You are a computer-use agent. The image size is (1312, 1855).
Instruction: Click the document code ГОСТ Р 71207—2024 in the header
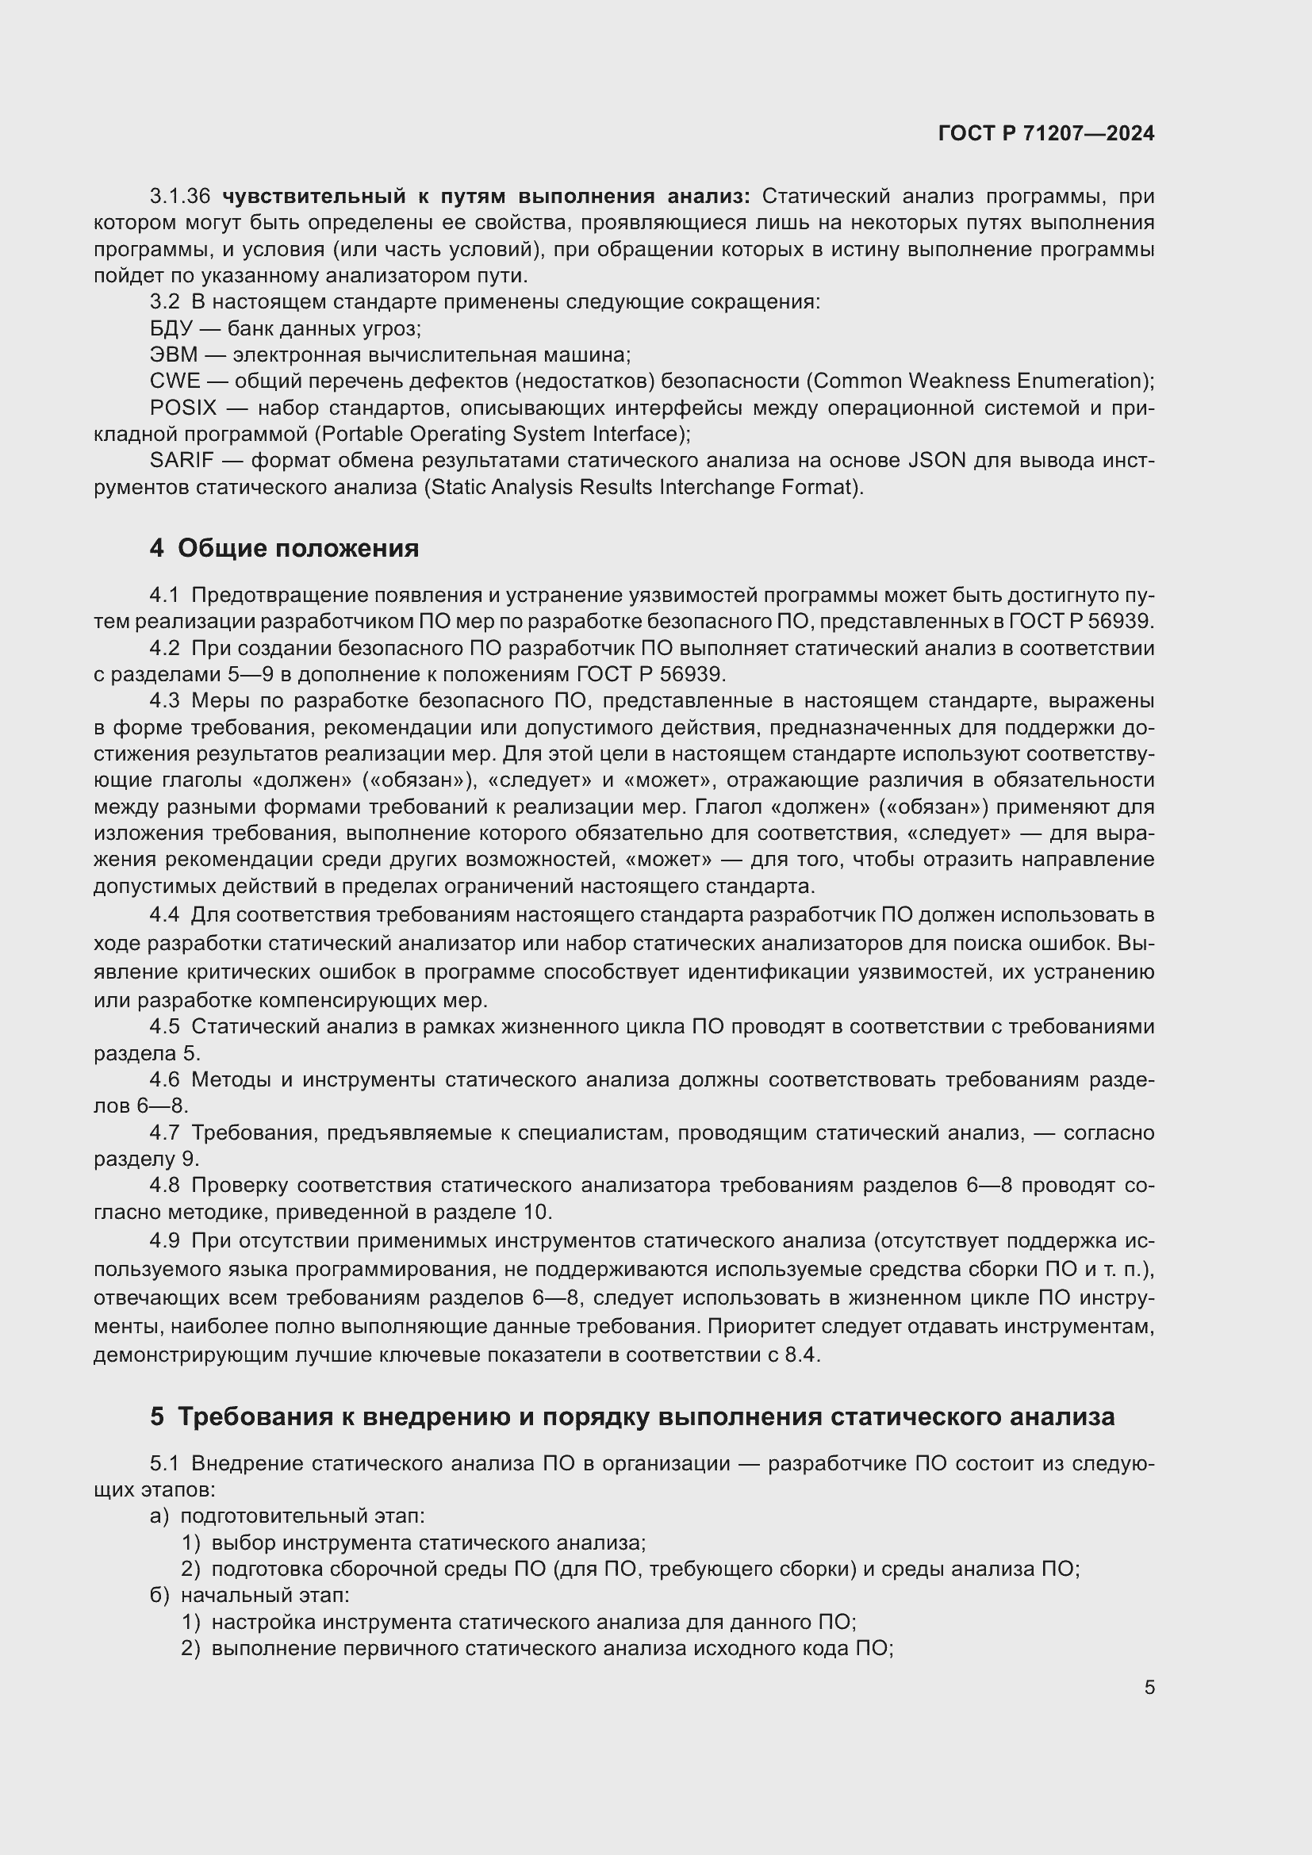(x=1046, y=134)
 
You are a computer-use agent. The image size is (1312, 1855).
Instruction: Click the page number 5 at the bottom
(x=1149, y=1687)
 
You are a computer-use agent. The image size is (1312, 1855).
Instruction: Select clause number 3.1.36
(x=180, y=197)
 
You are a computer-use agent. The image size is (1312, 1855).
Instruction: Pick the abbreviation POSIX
(x=182, y=408)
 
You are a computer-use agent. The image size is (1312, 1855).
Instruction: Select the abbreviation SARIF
(x=182, y=461)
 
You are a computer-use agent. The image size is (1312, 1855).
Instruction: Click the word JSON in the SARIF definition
(x=936, y=461)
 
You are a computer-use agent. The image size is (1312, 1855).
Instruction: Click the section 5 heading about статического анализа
(x=631, y=1416)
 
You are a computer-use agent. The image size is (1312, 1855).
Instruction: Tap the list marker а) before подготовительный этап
(x=159, y=1516)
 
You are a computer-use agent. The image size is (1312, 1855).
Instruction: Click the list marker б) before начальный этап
(x=159, y=1596)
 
